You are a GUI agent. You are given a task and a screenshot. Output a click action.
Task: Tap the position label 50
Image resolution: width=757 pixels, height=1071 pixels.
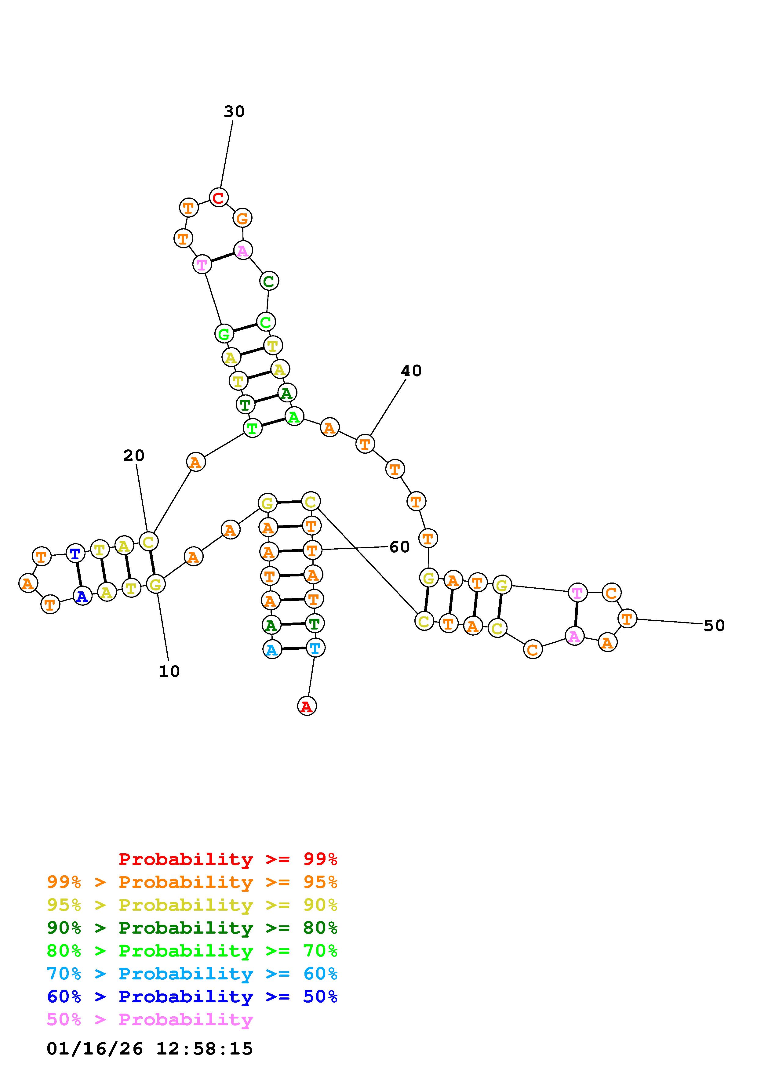714,626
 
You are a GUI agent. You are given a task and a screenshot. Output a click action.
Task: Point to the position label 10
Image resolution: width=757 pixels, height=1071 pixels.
169,671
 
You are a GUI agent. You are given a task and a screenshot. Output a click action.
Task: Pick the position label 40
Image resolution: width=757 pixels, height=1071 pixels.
411,371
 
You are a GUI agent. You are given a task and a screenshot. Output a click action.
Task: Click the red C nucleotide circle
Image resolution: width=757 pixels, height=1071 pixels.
218,197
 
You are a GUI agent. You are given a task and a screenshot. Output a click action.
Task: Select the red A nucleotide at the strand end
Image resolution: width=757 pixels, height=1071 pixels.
307,706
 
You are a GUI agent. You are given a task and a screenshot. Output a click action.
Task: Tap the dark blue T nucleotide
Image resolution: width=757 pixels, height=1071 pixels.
75,554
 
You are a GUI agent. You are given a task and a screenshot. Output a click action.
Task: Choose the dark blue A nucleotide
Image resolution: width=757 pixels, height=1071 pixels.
82,596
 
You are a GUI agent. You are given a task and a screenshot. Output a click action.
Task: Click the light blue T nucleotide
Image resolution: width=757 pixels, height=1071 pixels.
315,648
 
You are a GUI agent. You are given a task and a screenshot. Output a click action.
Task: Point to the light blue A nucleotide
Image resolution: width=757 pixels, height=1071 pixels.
272,649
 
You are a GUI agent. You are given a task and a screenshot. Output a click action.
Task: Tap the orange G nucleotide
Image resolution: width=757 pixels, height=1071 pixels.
242,218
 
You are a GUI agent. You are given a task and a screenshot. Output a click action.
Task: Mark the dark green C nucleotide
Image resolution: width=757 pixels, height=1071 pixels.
269,281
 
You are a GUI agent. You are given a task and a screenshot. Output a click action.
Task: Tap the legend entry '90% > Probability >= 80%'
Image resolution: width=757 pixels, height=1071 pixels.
192,928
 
